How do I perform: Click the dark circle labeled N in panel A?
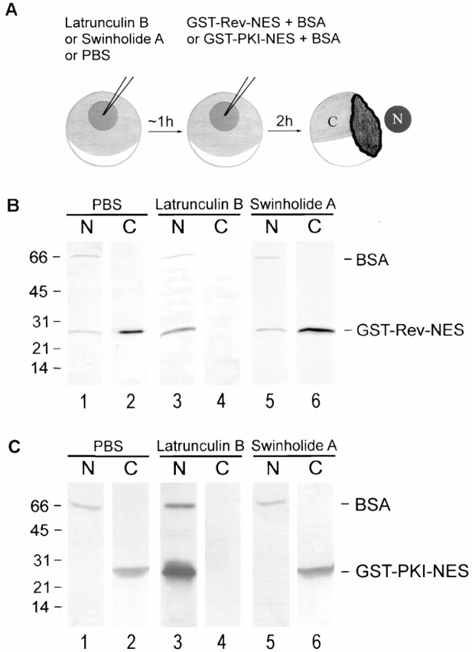point(398,119)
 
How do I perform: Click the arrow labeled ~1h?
point(164,131)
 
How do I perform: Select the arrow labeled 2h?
point(285,131)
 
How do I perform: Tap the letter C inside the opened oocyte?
point(332,122)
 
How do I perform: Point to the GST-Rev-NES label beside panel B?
point(409,330)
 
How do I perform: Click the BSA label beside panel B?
point(372,261)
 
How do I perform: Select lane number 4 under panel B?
point(221,402)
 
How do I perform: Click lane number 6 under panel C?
point(316,642)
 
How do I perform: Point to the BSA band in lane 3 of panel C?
point(179,506)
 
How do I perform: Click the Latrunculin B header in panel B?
point(199,205)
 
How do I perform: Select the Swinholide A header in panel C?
point(294,446)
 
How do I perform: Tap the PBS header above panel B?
point(107,204)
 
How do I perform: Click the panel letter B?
point(12,206)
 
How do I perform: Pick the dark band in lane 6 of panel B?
point(315,330)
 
